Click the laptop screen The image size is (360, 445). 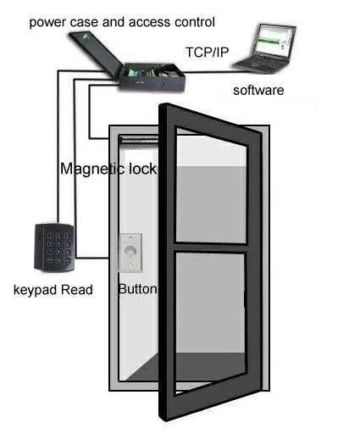tap(274, 41)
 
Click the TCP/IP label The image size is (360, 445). tap(207, 53)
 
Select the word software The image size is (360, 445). tap(258, 90)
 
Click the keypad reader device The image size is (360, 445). tap(54, 248)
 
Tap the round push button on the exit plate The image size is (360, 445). tap(130, 251)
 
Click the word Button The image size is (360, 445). tap(137, 289)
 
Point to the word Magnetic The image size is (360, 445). tap(92, 169)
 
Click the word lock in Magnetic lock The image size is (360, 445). tap(142, 169)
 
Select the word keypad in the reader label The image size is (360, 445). tap(36, 291)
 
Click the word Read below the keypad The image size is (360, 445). tap(77, 290)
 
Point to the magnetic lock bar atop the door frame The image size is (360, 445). tap(139, 139)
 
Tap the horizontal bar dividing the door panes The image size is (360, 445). tap(211, 248)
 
